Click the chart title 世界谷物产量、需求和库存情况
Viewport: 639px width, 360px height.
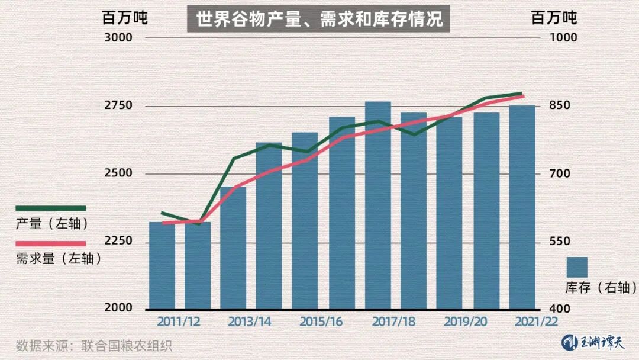point(319,19)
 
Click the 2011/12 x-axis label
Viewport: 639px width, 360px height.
point(179,322)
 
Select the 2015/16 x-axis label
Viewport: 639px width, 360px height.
point(321,322)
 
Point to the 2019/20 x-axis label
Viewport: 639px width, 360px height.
point(466,322)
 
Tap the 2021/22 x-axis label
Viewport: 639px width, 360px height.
point(536,322)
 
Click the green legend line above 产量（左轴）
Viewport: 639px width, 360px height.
point(51,208)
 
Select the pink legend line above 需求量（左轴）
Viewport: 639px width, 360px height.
point(51,243)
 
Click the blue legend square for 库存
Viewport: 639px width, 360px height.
point(576,267)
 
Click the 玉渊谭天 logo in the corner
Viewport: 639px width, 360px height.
point(593,342)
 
